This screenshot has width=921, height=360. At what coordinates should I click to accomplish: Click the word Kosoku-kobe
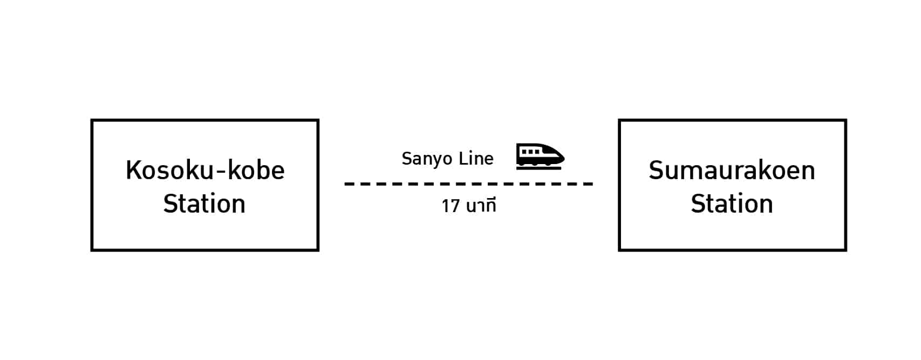(x=205, y=170)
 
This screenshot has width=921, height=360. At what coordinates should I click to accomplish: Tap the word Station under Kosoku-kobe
(x=204, y=204)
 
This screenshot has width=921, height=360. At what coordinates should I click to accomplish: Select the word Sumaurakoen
(x=732, y=170)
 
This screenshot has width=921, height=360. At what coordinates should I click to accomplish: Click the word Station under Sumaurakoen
(x=732, y=204)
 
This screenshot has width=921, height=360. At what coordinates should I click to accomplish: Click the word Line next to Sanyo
(x=476, y=158)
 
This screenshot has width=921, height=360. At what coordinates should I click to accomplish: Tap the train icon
(x=540, y=156)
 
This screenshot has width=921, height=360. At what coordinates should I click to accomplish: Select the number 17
(x=451, y=206)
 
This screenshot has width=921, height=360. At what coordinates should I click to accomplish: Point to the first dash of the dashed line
(x=349, y=184)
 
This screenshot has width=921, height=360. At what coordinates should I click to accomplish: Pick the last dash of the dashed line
(x=588, y=184)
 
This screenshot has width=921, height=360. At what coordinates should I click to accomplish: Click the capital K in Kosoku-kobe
(x=133, y=170)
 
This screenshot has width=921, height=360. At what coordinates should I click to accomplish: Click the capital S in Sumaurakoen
(x=656, y=170)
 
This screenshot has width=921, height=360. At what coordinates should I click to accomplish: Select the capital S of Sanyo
(x=406, y=158)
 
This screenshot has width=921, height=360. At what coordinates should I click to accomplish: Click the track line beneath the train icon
(x=539, y=168)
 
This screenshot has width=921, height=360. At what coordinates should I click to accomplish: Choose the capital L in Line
(x=462, y=158)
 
